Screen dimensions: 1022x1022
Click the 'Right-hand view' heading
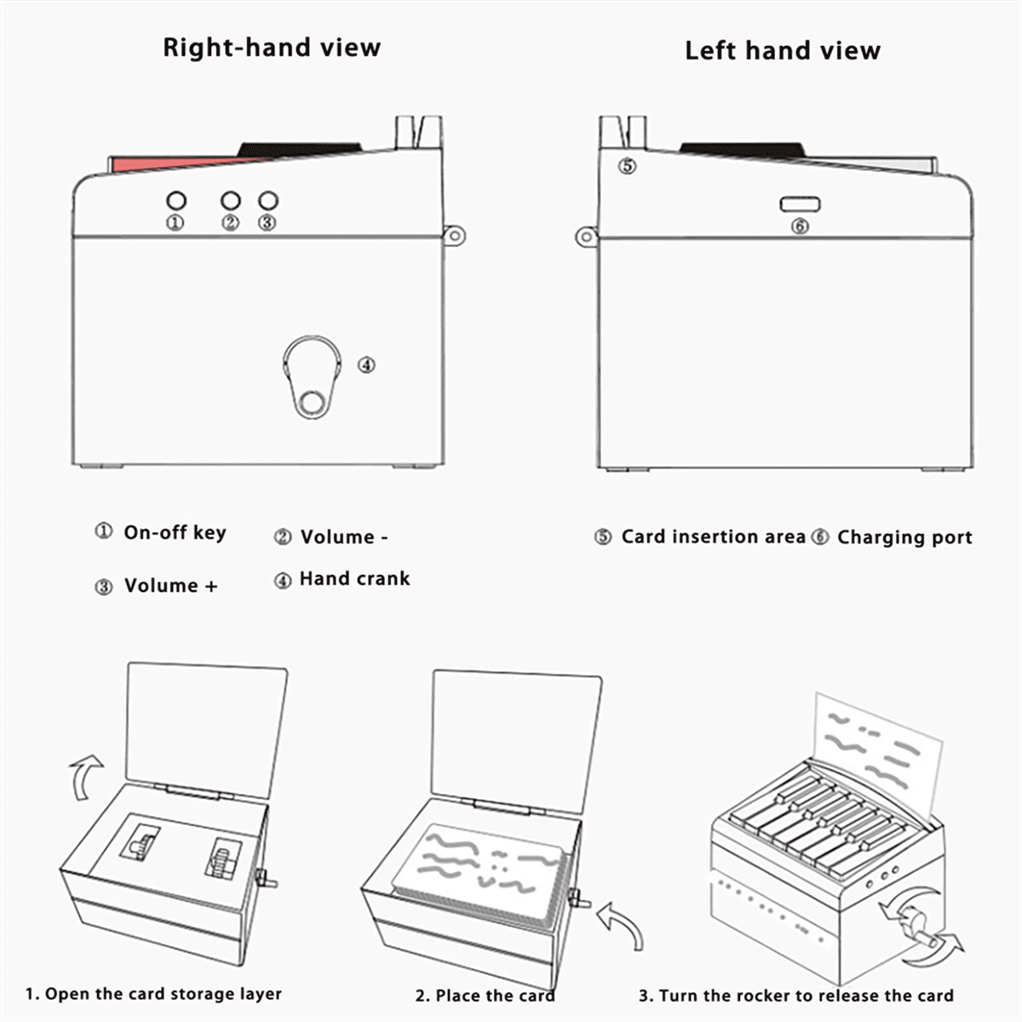[271, 48]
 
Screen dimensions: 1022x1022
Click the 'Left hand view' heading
[782, 51]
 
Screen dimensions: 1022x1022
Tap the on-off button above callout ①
[175, 201]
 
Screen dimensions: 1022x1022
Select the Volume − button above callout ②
[230, 201]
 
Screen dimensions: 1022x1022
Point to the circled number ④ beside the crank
[365, 365]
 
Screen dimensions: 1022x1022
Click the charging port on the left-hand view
[800, 204]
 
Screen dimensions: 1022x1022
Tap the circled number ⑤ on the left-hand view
[627, 166]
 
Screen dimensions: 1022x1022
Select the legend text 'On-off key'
[175, 533]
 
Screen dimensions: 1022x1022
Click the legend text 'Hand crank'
[354, 579]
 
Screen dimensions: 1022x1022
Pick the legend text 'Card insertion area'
[713, 537]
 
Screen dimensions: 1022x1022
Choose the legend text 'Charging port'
[904, 537]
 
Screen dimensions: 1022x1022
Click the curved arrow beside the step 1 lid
[85, 776]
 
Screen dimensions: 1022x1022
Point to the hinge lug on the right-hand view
[454, 236]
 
